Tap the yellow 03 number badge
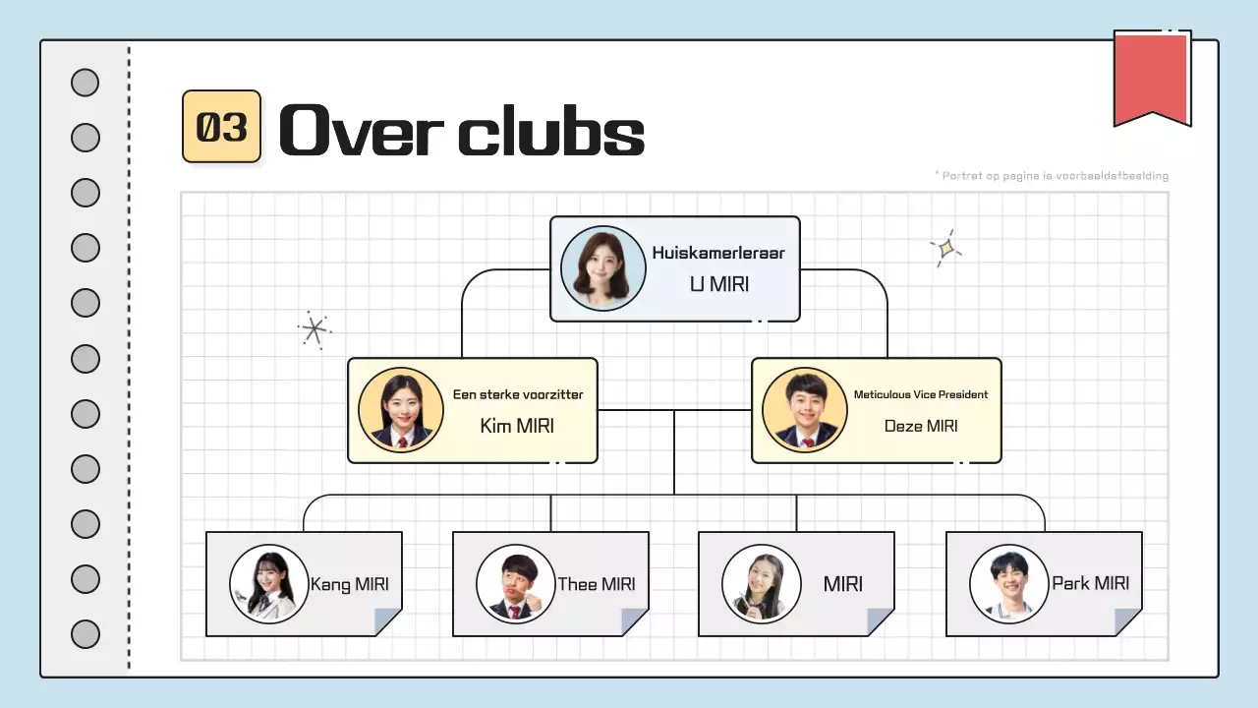(x=221, y=127)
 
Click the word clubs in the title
(x=551, y=132)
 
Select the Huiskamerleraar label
(x=718, y=253)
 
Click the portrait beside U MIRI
(x=602, y=268)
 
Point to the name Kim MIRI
(x=517, y=426)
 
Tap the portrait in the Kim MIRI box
(x=400, y=410)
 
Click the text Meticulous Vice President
(x=921, y=394)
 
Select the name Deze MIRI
(x=921, y=426)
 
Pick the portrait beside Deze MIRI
(x=805, y=410)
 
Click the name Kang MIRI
(x=349, y=584)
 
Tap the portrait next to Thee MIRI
(x=515, y=584)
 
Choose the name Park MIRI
(x=1090, y=583)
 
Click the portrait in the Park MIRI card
(x=1008, y=584)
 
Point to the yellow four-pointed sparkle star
(x=945, y=249)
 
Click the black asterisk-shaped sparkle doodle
(x=314, y=330)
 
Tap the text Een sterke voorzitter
(x=518, y=394)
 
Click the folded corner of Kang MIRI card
(x=389, y=621)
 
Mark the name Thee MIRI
(x=597, y=584)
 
